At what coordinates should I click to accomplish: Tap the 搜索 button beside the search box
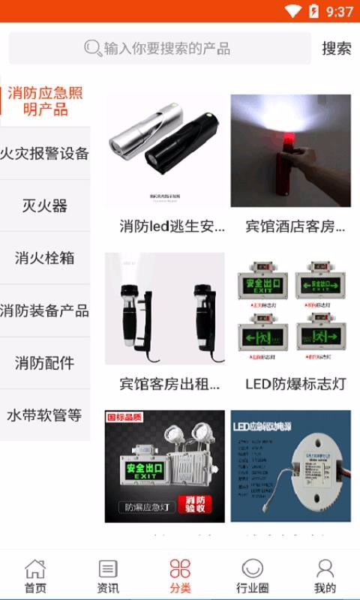[337, 49]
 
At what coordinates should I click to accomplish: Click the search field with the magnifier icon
[159, 49]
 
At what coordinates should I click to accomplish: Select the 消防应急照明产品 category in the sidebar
[45, 101]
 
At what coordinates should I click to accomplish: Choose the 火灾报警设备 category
[45, 154]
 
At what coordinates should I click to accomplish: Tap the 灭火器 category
[45, 205]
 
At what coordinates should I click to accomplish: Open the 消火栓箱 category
[45, 258]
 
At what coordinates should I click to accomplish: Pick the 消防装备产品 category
[45, 310]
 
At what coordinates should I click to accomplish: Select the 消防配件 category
[45, 363]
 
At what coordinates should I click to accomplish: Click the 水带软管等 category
[45, 415]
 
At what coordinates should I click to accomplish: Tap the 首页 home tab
[35, 576]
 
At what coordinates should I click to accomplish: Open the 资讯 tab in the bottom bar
[108, 576]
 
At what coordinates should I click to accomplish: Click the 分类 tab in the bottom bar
[180, 576]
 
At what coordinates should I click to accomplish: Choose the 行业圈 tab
[252, 576]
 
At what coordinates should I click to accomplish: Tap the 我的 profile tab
[325, 576]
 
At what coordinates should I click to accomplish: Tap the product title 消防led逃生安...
[172, 226]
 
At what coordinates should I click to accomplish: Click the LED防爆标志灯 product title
[295, 384]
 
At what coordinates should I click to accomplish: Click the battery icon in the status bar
[313, 11]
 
